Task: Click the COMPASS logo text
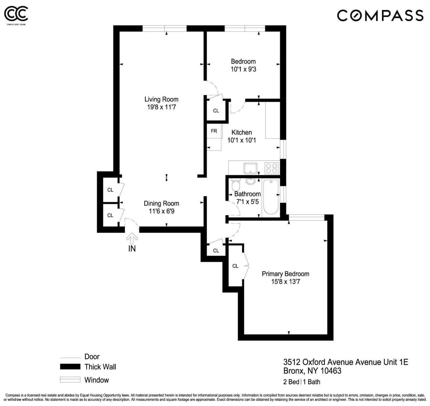pos(380,15)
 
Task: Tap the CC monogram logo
pos(16,14)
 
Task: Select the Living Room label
pos(161,99)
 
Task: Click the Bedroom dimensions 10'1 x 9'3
pos(243,69)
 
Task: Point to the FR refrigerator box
pos(214,131)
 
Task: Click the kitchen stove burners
pos(272,167)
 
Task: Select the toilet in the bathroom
pos(235,186)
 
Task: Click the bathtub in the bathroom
pos(271,197)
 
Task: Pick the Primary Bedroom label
pos(285,274)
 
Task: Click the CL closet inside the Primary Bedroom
pos(235,266)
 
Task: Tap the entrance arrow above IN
pos(132,237)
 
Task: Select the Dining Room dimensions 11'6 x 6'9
pos(161,211)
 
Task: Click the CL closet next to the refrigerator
pos(216,111)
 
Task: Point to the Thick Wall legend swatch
pos(70,367)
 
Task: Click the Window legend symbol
pos(70,380)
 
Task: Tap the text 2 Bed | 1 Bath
pos(302,382)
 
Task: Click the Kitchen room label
pos(242,132)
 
